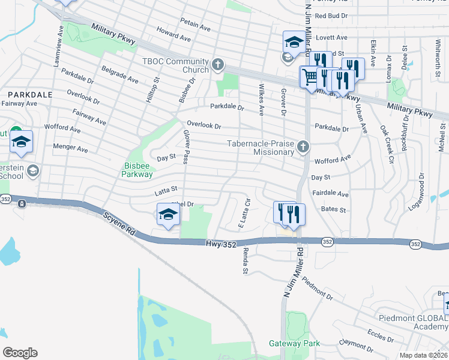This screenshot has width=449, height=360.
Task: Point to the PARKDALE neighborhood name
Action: point(29,95)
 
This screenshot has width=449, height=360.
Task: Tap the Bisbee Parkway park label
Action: point(139,170)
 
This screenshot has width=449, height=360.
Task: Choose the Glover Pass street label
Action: point(186,148)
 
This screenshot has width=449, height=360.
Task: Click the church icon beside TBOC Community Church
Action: point(217,64)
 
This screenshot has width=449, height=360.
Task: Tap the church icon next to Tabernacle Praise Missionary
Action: point(304,146)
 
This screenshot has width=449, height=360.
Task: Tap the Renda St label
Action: point(245,263)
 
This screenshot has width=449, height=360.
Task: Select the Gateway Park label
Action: point(294,344)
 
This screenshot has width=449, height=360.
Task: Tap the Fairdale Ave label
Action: point(330,194)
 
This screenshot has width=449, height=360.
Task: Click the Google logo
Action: point(20,353)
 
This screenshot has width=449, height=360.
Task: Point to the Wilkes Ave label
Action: point(261,103)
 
